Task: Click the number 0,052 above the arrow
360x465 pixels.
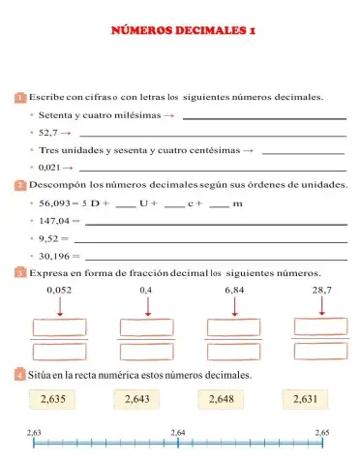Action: click(58, 290)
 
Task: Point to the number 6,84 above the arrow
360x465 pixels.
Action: click(234, 290)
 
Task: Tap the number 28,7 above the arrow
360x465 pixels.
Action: click(321, 290)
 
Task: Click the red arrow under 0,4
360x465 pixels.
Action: click(147, 306)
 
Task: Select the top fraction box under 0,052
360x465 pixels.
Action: click(59, 326)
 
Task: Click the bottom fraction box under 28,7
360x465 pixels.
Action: click(322, 350)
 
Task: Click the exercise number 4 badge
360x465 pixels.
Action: click(20, 374)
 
